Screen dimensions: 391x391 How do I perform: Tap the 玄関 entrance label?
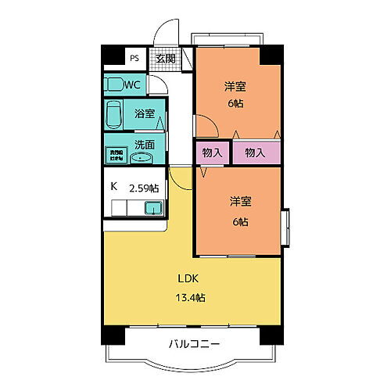[164, 59]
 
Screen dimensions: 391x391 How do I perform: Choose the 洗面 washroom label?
[144, 145]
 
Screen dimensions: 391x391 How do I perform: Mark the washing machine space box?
[116, 154]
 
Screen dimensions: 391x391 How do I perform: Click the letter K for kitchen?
[113, 187]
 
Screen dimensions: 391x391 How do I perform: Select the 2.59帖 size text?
[144, 187]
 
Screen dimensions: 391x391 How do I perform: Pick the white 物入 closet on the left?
[212, 153]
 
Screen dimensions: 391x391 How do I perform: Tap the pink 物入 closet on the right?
[256, 153]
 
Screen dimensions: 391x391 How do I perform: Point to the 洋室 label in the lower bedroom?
[240, 202]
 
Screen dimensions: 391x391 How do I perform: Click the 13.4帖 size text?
[189, 297]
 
